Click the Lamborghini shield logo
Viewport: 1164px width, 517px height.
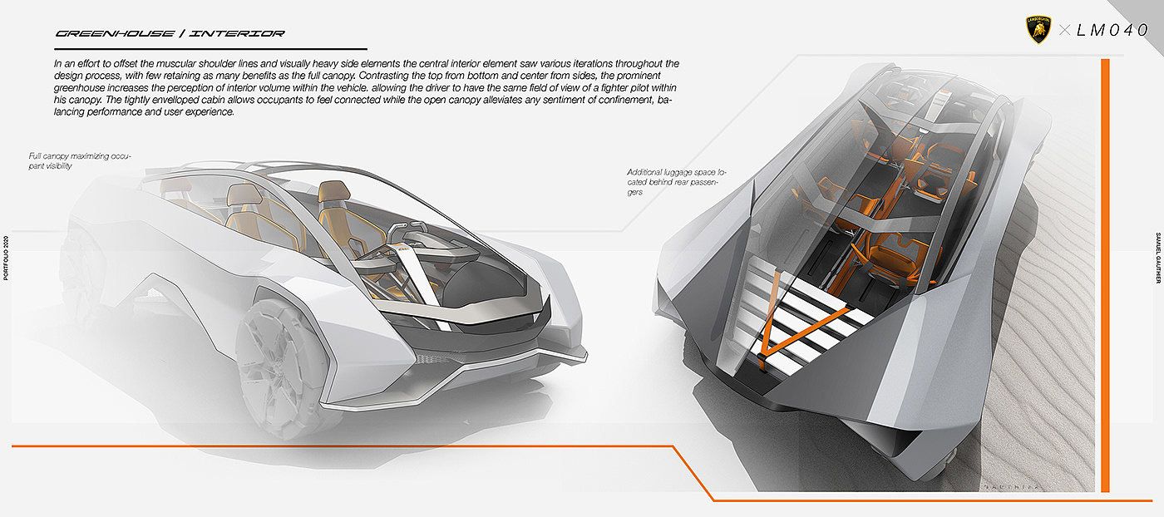point(1038,31)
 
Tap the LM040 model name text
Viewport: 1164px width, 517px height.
point(1112,31)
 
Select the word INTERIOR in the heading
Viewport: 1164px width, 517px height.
point(237,34)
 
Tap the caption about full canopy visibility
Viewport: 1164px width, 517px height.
point(80,160)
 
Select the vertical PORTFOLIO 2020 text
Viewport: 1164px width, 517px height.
point(6,258)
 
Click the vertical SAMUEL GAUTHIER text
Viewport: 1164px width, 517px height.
point(1158,258)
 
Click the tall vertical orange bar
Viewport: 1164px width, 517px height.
point(1105,274)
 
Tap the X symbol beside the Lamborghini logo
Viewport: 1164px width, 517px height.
point(1064,31)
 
